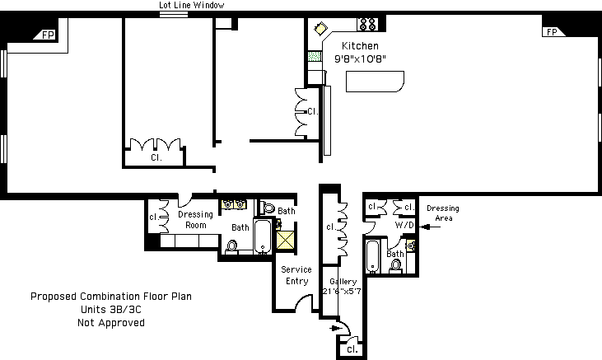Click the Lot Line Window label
[x=191, y=5]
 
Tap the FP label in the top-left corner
[x=48, y=35]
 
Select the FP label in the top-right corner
[x=550, y=32]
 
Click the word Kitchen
[x=361, y=46]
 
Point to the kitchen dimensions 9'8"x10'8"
[x=361, y=59]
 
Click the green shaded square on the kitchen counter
[x=313, y=58]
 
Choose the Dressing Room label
[x=195, y=220]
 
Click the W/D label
[x=404, y=224]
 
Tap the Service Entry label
[x=296, y=275]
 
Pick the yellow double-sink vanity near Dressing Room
[x=235, y=204]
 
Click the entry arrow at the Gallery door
[x=335, y=327]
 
